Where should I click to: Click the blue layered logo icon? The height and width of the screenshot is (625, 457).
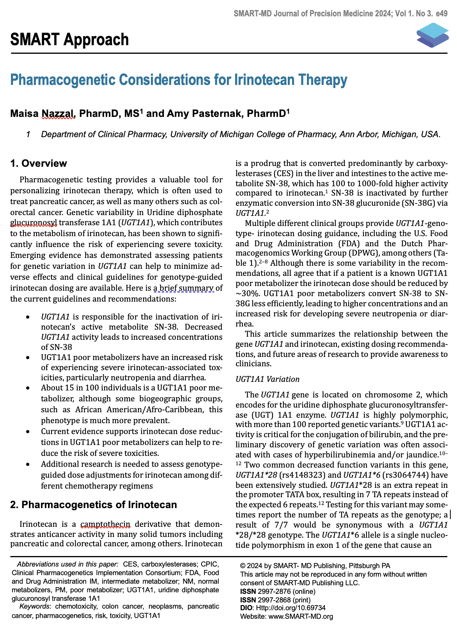[432, 35]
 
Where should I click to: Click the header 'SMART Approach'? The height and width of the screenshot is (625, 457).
[69, 40]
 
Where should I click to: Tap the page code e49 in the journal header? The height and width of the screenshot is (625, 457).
[442, 14]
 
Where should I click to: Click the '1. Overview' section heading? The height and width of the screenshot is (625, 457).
[39, 163]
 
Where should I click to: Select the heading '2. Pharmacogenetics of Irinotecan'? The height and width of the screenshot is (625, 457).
[94, 505]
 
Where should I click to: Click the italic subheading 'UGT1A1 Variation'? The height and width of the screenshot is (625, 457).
[267, 379]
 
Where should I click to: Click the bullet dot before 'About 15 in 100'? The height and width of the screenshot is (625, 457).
[27, 388]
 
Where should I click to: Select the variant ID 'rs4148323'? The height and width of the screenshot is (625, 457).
[292, 475]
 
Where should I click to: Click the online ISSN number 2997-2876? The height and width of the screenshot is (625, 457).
[274, 591]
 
